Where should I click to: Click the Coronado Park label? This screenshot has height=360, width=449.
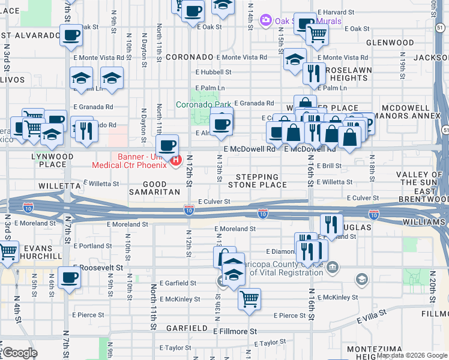(x=203, y=104)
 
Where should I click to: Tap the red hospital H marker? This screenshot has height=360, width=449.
(x=175, y=160)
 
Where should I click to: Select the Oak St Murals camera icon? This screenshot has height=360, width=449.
(x=265, y=21)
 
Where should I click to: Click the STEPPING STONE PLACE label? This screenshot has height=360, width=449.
(x=257, y=181)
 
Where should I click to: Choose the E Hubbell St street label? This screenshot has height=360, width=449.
(x=212, y=71)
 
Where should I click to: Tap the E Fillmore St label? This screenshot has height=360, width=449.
(x=235, y=331)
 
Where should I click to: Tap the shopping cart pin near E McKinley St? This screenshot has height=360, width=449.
(x=249, y=298)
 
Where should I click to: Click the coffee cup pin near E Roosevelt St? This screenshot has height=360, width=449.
(x=70, y=278)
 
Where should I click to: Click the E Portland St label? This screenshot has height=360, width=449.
(x=92, y=246)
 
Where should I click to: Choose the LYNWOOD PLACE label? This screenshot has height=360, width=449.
(x=52, y=160)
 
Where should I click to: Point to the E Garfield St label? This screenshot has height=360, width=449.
(x=179, y=283)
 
